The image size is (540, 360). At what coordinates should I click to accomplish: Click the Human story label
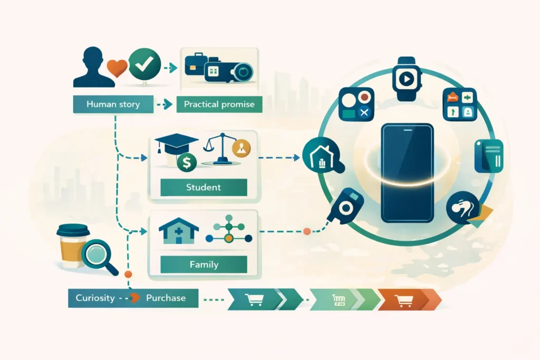pos(113,104)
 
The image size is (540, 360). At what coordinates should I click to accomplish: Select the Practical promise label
pos(219,104)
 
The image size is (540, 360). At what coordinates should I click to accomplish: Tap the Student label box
pos(203,187)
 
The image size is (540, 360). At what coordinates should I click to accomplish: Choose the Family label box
pos(204,264)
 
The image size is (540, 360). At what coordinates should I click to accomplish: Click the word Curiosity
pos(95,298)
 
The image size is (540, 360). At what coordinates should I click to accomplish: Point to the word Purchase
pos(166,298)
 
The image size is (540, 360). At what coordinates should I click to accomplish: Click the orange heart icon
pos(117,69)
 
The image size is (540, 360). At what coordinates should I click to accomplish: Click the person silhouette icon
pos(93,67)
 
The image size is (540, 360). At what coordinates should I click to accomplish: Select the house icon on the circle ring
pos(320,158)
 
